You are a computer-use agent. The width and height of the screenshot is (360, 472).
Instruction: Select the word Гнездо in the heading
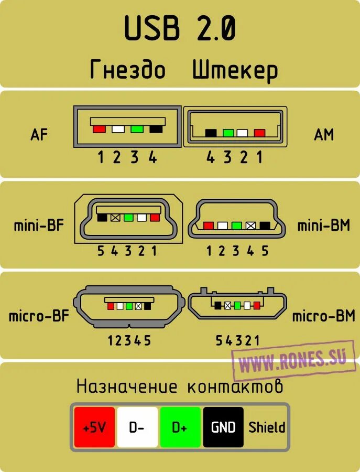point(127,70)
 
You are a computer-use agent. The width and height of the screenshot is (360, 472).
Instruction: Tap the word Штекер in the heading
point(235,70)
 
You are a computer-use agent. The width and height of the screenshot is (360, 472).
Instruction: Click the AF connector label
point(39,135)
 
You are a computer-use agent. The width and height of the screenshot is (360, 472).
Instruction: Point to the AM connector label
point(323,135)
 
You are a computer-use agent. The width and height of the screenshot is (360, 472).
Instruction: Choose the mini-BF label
point(39,226)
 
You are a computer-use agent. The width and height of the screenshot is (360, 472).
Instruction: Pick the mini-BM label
point(323,226)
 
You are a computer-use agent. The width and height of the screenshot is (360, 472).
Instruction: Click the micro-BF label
point(39,317)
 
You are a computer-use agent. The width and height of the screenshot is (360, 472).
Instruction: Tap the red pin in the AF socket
point(99,128)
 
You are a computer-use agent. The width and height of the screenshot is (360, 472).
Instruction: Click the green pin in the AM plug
point(228,133)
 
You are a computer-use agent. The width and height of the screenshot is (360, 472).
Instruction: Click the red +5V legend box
point(94,427)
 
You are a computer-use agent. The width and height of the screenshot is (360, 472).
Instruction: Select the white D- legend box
point(137,427)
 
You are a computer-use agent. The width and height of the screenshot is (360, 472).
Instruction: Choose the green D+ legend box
point(180,427)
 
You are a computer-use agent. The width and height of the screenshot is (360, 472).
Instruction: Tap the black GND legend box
point(223,427)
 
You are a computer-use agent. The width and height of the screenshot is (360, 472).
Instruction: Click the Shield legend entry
point(267,427)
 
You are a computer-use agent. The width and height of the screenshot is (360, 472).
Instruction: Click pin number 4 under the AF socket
point(152,157)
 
